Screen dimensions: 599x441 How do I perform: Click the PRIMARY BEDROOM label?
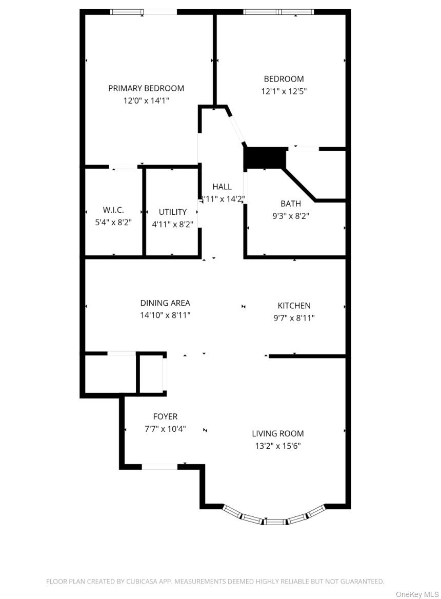pyautogui.click(x=146, y=88)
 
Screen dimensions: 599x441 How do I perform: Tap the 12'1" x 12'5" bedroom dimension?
pyautogui.click(x=284, y=91)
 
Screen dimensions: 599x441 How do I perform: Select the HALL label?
pyautogui.click(x=222, y=187)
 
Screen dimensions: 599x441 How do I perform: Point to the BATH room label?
pyautogui.click(x=290, y=204)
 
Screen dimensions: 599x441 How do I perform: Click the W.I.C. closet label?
pyautogui.click(x=113, y=210)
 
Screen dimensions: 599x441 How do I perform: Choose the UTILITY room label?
pyautogui.click(x=172, y=212)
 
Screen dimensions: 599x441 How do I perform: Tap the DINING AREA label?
pyautogui.click(x=165, y=303)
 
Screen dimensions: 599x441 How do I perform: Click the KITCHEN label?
pyautogui.click(x=294, y=306)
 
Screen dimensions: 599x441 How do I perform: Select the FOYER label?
pyautogui.click(x=165, y=416)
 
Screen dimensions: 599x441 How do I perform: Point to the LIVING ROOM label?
pyautogui.click(x=277, y=433)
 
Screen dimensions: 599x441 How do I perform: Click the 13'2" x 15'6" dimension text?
pyautogui.click(x=277, y=446)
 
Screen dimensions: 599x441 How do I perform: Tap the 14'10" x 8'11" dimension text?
pyautogui.click(x=165, y=315)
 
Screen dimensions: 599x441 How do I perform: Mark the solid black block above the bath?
pyautogui.click(x=265, y=158)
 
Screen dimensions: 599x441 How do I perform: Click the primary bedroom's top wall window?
pyautogui.click(x=143, y=12)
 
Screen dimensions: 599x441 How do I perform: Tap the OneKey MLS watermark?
pyautogui.click(x=417, y=594)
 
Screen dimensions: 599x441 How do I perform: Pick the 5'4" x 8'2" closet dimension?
pyautogui.click(x=113, y=223)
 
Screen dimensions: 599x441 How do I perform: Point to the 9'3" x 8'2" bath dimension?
pyautogui.click(x=290, y=216)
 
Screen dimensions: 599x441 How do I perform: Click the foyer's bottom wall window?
pyautogui.click(x=159, y=466)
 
